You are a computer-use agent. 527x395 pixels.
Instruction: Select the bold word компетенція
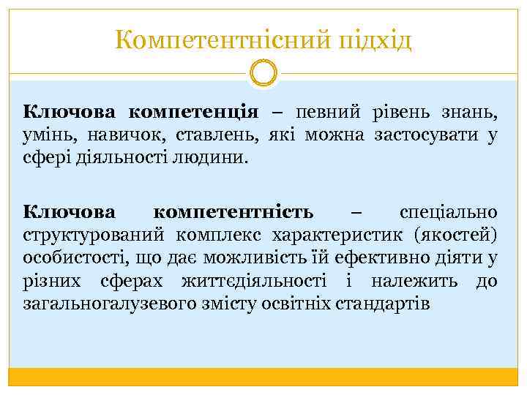pos(194,113)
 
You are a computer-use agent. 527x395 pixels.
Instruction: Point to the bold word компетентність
pos(234,213)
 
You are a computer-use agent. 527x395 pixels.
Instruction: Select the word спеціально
pos(449,213)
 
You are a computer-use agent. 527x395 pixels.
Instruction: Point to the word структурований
pos(89,235)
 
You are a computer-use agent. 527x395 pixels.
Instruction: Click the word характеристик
pos(337,235)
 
